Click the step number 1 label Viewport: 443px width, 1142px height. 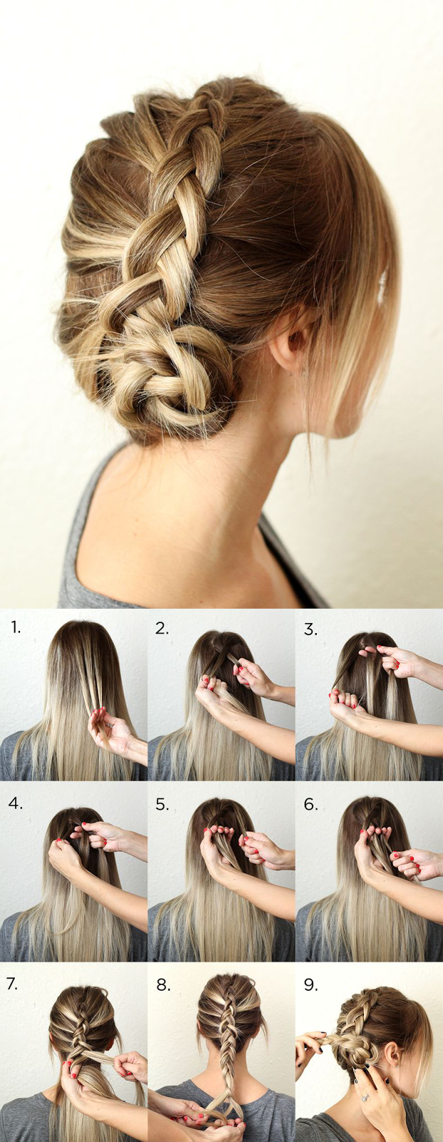pyautogui.click(x=15, y=627)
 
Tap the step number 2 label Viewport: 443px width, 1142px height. pyautogui.click(x=162, y=628)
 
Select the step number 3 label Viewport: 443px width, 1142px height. pyautogui.click(x=310, y=629)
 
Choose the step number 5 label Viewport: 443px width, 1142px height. pyautogui.click(x=163, y=804)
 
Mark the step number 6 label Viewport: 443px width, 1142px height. pyautogui.click(x=310, y=804)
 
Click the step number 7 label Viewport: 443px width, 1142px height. pyautogui.click(x=12, y=984)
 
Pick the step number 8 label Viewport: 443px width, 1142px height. pyautogui.click(x=163, y=985)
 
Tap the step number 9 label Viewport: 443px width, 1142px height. pyautogui.click(x=310, y=985)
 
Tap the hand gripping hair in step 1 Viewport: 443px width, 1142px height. pyautogui.click(x=107, y=728)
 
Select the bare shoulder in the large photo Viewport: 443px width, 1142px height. pyautogui.click(x=143, y=542)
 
